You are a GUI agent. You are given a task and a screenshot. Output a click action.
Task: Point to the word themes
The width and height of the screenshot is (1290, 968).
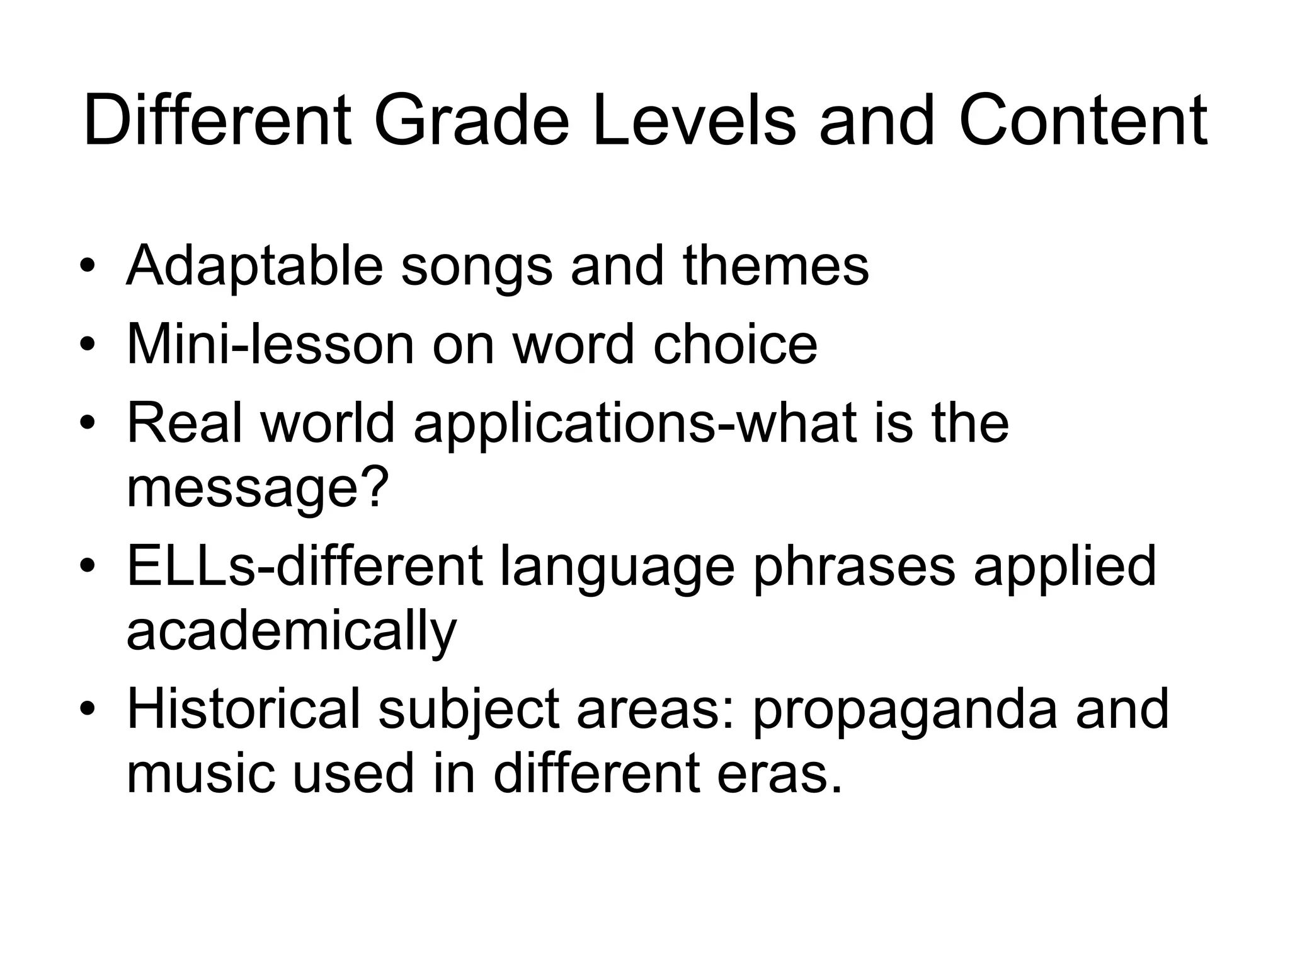(775, 265)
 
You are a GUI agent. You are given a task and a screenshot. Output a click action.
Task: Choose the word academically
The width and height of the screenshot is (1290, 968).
(291, 632)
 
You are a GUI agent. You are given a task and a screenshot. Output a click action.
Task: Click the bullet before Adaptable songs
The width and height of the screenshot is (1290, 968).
(88, 265)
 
